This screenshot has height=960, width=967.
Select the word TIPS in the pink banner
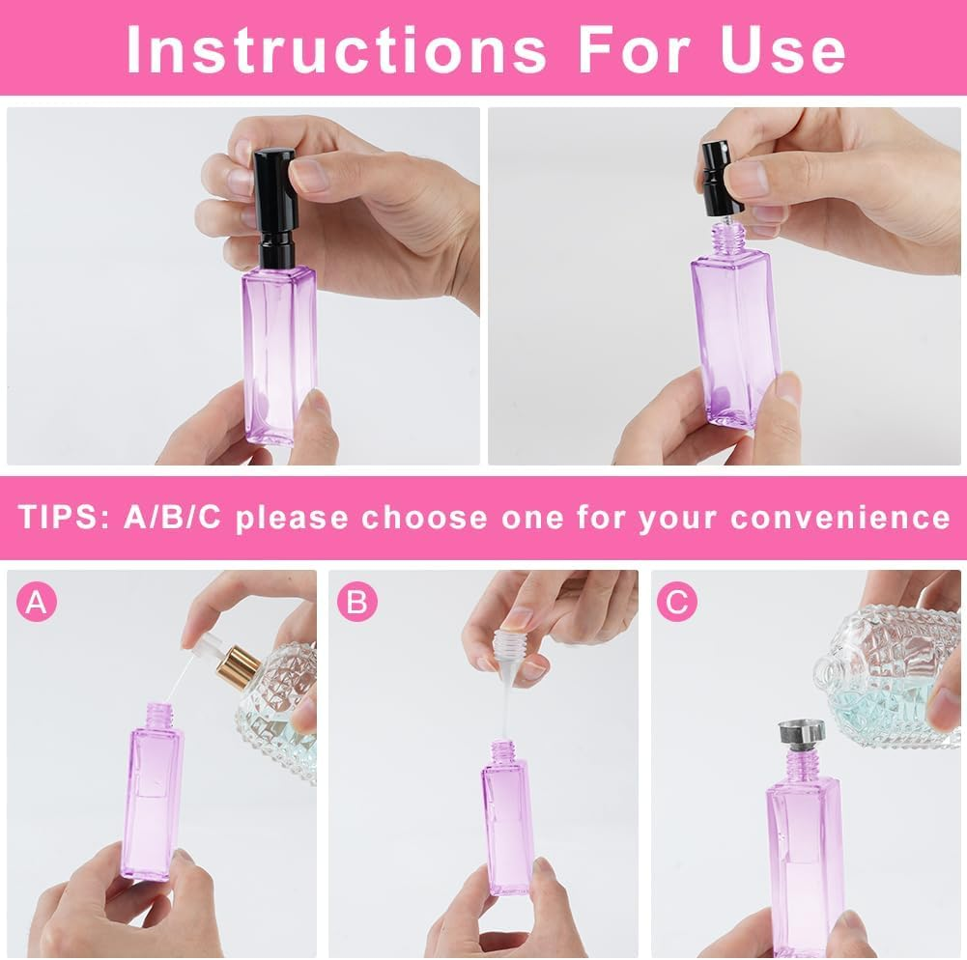point(60,518)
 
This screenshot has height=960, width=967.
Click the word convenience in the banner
point(839,518)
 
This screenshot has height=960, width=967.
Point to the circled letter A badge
point(37,602)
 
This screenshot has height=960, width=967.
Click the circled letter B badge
point(357,602)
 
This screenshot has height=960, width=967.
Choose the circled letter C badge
point(676,602)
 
